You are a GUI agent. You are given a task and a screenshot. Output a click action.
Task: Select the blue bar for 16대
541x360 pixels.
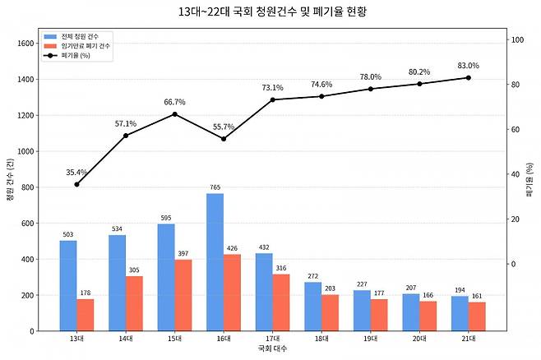point(215,262)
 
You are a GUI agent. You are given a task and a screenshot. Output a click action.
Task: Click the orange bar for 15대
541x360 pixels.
point(183,295)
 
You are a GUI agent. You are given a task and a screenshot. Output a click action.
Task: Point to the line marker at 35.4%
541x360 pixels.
point(76,184)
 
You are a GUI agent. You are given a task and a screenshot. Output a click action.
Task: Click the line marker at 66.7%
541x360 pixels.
point(174,114)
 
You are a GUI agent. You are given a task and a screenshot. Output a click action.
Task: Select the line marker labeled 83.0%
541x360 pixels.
point(468,77)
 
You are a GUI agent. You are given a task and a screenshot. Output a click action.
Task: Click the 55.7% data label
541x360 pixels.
point(224,127)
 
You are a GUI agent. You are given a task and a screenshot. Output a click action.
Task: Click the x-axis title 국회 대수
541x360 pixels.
point(272,348)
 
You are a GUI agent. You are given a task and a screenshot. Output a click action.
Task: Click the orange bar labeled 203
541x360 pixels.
point(330,312)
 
